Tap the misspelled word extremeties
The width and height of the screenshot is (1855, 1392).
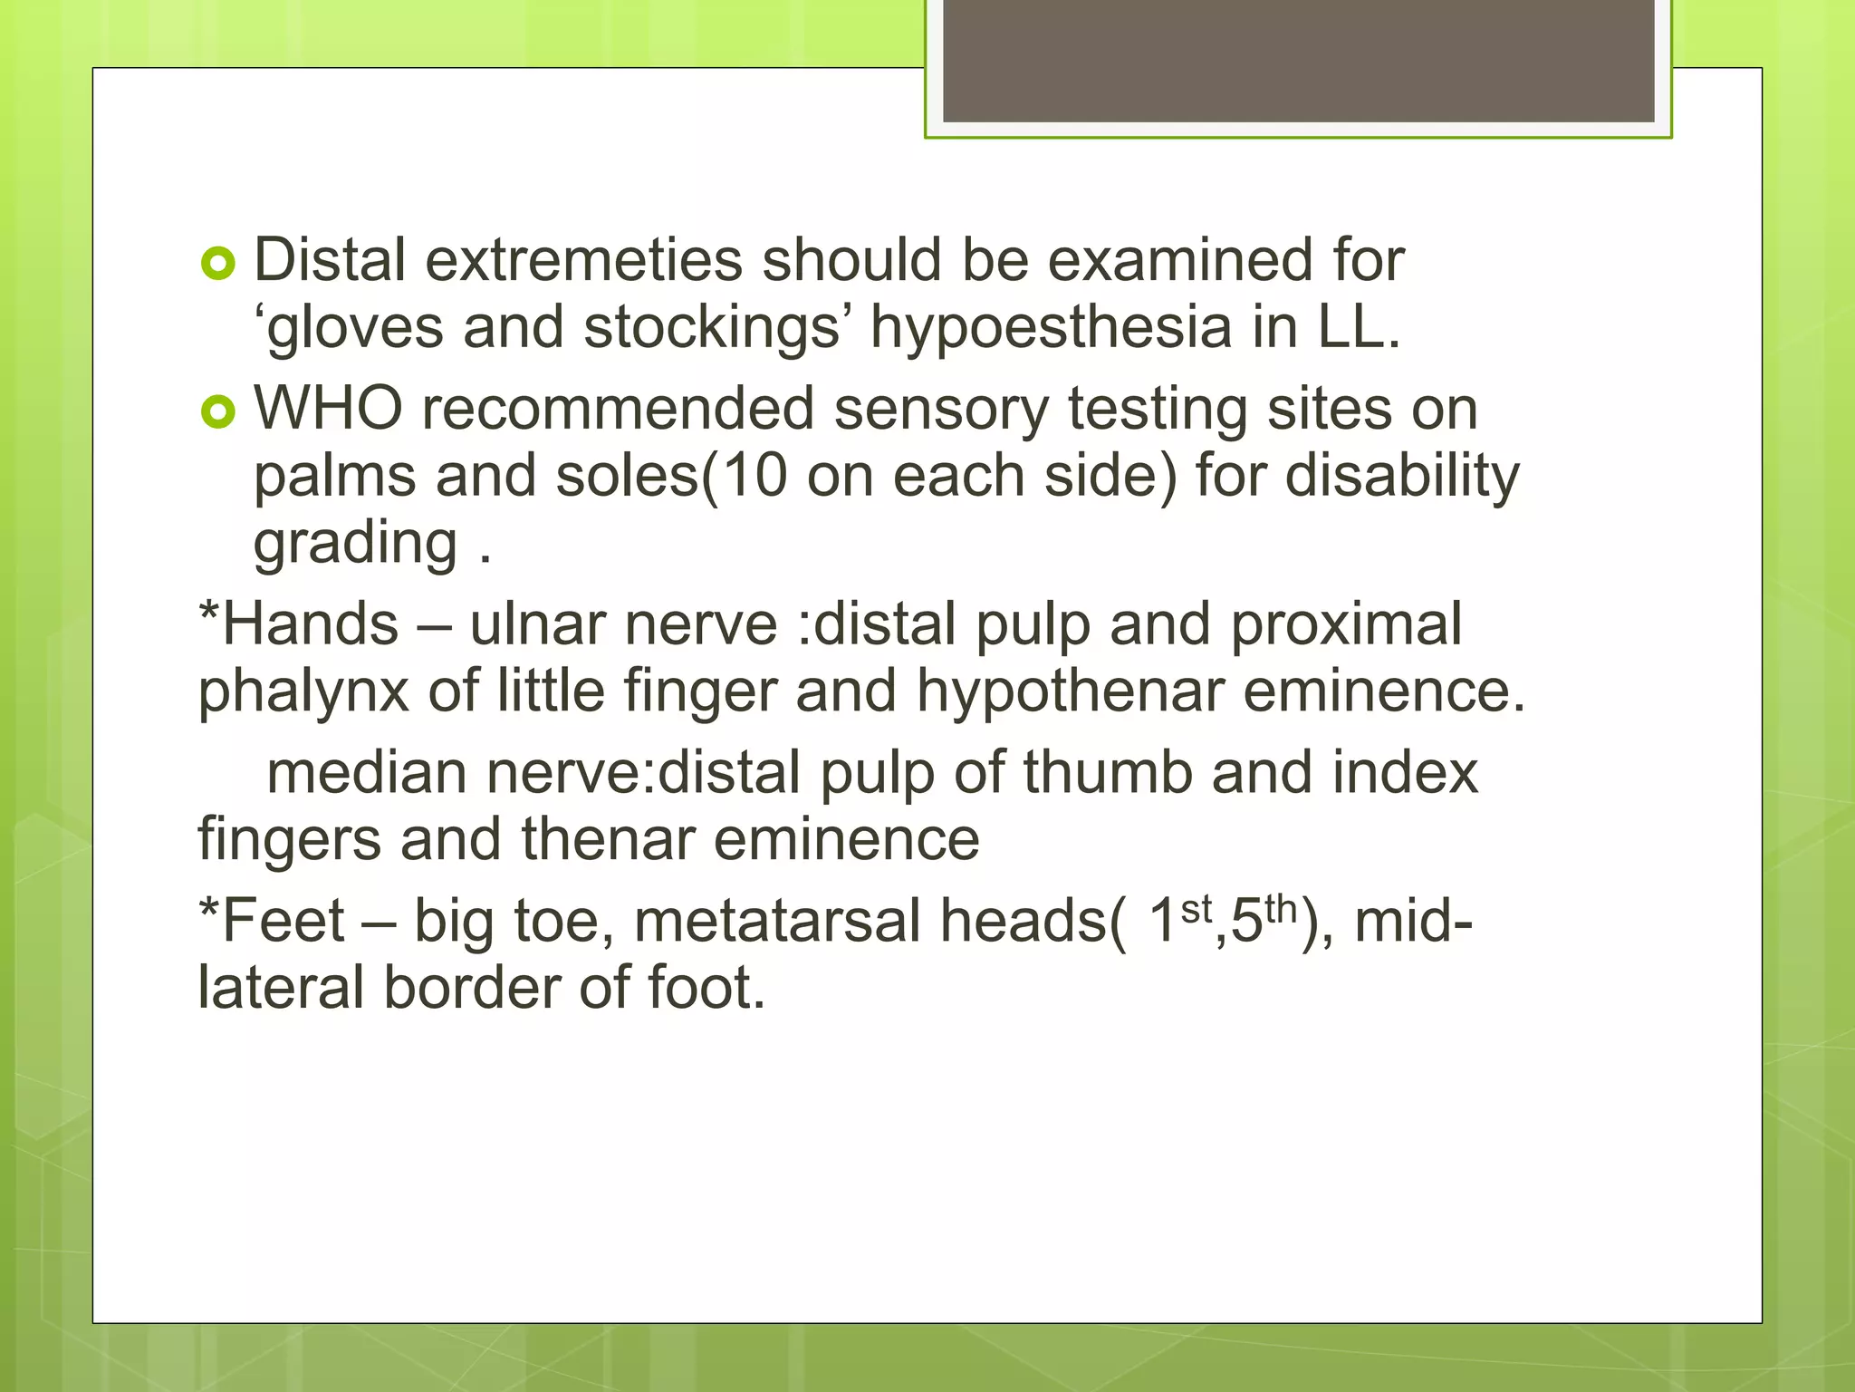(x=583, y=261)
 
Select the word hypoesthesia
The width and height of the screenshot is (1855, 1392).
(x=1051, y=327)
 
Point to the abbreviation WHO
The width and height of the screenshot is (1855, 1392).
(x=328, y=409)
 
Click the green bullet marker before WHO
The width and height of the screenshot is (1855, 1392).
(x=217, y=413)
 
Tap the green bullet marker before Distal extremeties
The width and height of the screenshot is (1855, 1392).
(x=217, y=265)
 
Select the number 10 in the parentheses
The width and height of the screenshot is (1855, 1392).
(x=754, y=476)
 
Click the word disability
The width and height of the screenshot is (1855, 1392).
(x=1402, y=476)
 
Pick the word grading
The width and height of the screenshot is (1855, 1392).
(x=355, y=544)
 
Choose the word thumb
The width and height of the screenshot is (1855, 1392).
(x=1107, y=773)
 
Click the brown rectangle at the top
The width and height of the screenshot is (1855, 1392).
(x=1298, y=61)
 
